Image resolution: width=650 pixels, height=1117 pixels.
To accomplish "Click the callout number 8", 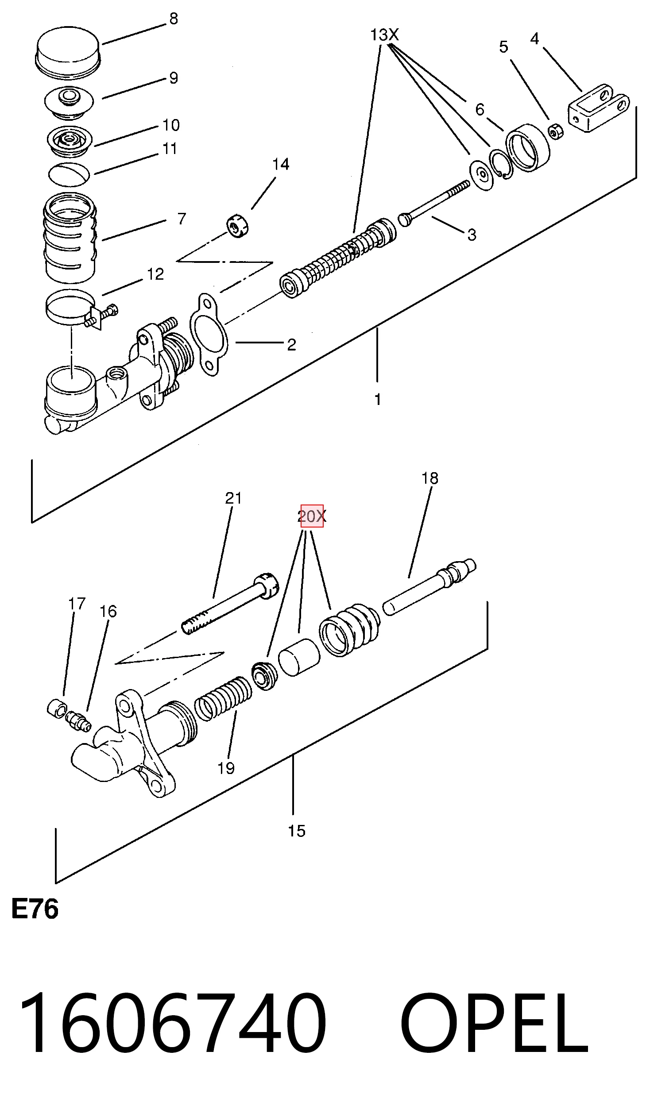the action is [174, 19].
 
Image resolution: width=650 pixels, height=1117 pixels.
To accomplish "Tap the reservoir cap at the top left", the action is [68, 53].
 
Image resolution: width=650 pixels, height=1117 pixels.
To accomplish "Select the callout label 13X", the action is [384, 35].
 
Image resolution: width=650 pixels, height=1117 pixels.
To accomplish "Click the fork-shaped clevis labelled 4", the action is [598, 108].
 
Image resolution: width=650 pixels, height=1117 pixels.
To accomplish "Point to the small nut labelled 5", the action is [555, 131].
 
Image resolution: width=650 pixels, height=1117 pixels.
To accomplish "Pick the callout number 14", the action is [281, 165].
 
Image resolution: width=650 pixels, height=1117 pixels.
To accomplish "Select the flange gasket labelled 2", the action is [209, 334].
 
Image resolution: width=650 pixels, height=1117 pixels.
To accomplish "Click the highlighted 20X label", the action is [312, 516].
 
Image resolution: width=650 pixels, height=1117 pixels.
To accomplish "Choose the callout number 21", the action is [233, 498].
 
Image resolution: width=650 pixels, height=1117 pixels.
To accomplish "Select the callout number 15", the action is [296, 831].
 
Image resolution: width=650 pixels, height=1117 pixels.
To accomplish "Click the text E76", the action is [35, 910].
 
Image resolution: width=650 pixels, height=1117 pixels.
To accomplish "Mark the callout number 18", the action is [429, 478].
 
